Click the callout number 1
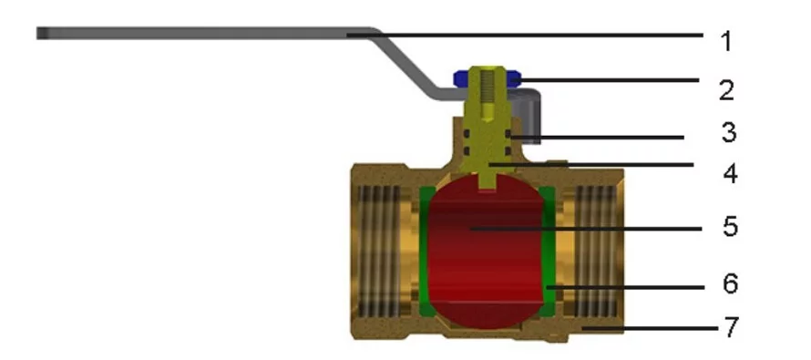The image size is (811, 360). coord(726,41)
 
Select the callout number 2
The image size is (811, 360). coord(726,90)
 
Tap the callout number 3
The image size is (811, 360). coord(729,132)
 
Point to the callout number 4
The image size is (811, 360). coord(730,173)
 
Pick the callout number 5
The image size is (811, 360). coord(730,227)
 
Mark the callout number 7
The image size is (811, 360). coord(729,327)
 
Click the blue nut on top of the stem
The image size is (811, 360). coord(488,78)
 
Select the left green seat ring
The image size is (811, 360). coord(426,252)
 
